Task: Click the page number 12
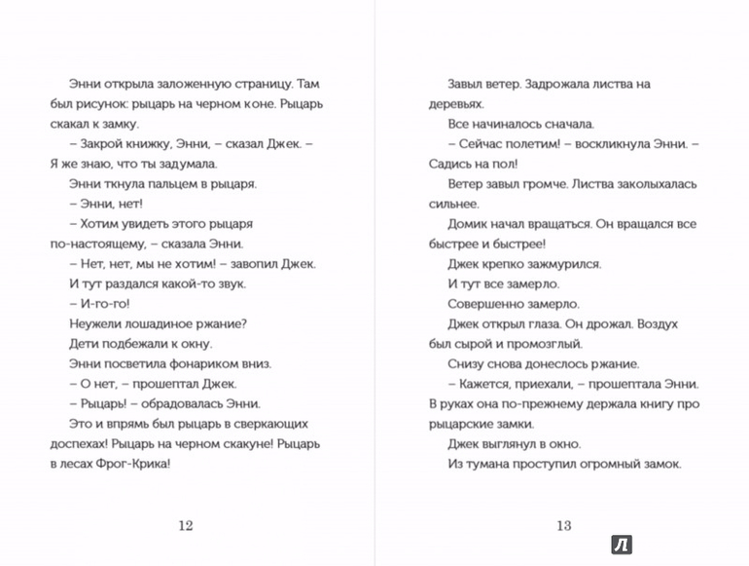pyautogui.click(x=186, y=526)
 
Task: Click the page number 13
pyautogui.click(x=563, y=526)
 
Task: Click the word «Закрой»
pyautogui.click(x=107, y=143)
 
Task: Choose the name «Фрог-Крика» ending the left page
pyautogui.click(x=134, y=463)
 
